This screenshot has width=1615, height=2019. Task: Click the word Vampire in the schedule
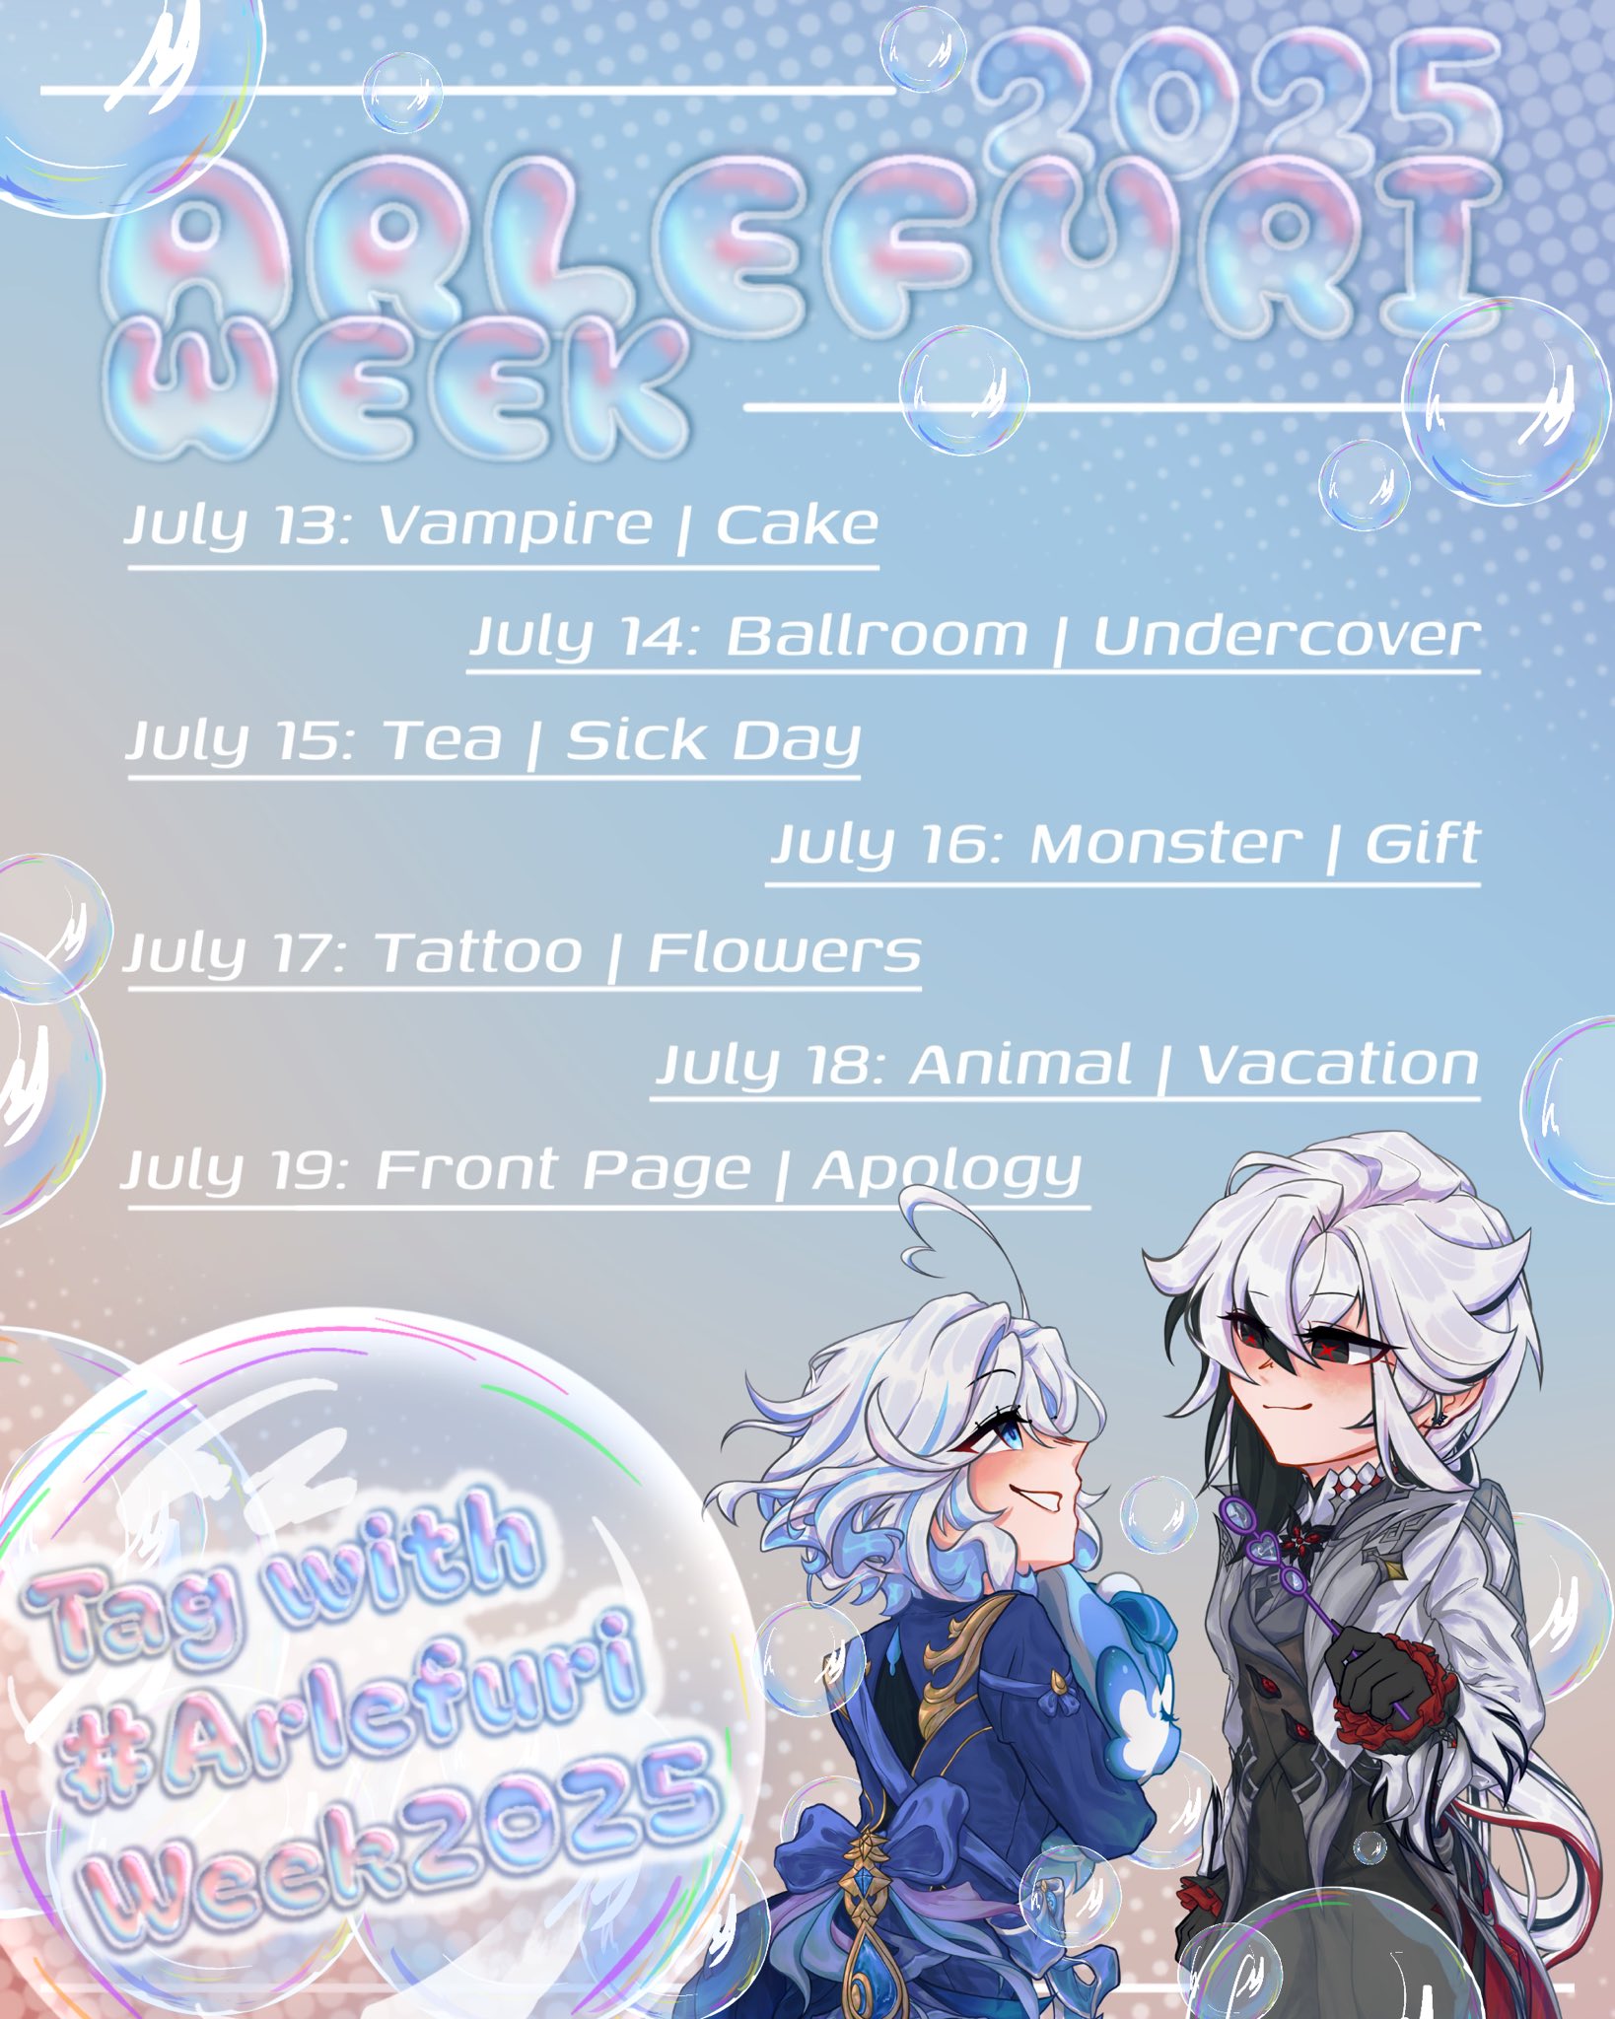click(516, 524)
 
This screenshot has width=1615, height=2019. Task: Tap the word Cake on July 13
click(797, 524)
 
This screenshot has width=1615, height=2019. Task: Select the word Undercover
click(1287, 636)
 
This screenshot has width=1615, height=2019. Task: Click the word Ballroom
click(878, 636)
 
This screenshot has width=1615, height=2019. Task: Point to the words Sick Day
click(713, 741)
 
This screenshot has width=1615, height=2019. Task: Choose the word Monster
click(1165, 845)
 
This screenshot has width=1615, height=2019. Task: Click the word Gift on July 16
click(1422, 845)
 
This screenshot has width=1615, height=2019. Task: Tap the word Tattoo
click(479, 953)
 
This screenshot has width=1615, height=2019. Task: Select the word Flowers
click(785, 953)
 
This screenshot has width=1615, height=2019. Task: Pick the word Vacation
click(1338, 1065)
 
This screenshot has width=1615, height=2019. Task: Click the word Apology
click(948, 1173)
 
